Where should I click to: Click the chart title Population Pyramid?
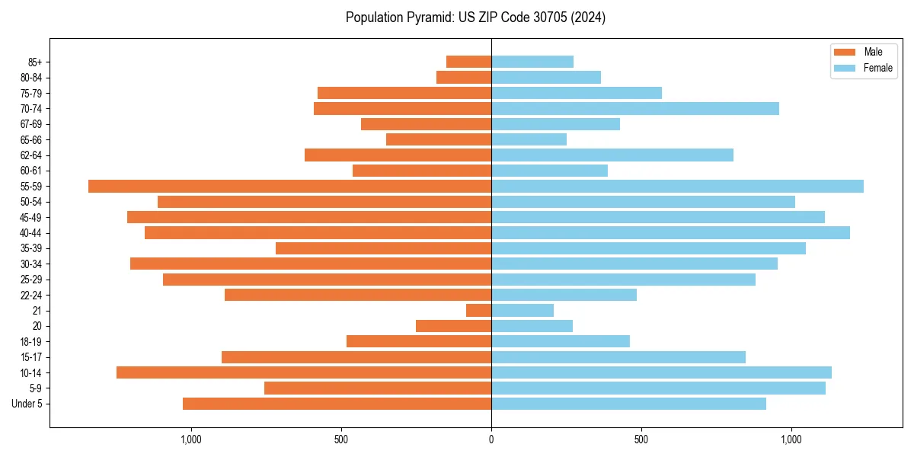tap(475, 18)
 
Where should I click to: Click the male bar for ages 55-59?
tap(289, 186)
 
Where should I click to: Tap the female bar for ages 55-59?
tap(677, 186)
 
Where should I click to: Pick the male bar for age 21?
tap(478, 310)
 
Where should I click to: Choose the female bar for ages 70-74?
tap(635, 108)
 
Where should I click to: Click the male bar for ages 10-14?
tap(304, 372)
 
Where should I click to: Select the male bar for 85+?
tap(468, 62)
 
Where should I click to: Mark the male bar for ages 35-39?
tap(383, 248)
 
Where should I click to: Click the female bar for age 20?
tap(532, 326)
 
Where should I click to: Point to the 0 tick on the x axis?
tap(491, 439)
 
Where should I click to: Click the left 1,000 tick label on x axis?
tap(190, 439)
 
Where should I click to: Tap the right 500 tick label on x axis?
tap(641, 439)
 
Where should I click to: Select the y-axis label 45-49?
tap(31, 217)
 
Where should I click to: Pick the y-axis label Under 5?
tap(27, 404)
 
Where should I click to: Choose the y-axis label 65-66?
tap(31, 139)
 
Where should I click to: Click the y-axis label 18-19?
tap(31, 341)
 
